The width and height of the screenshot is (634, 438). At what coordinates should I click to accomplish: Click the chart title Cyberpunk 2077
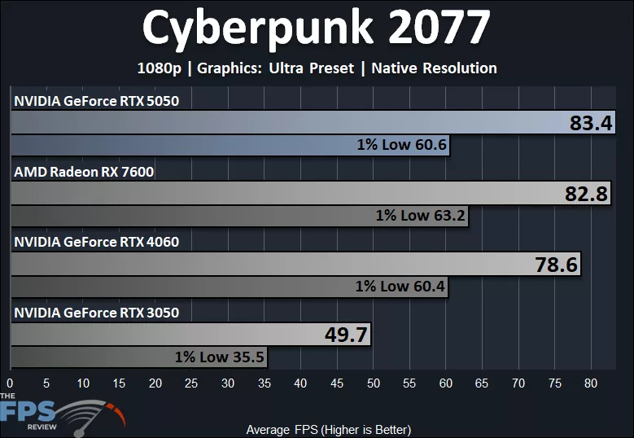pos(316,28)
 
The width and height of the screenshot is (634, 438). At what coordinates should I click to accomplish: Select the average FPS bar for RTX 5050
pos(285,124)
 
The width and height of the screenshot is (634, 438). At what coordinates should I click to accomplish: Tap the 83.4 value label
pos(591,124)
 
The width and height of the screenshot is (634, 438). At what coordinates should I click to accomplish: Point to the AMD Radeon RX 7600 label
pos(84,172)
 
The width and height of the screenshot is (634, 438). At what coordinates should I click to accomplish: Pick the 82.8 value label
pos(588,194)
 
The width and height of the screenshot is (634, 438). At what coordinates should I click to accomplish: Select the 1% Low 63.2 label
pos(421,216)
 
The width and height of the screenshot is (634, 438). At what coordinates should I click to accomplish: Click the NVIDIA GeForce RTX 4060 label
pos(96,242)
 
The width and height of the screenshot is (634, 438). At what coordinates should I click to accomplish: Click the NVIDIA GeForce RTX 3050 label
pos(96,313)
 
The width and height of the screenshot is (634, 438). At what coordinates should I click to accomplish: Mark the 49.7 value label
pos(347,335)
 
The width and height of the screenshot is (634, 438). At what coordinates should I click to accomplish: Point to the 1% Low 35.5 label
pos(220,357)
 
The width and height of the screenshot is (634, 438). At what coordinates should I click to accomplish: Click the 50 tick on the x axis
pos(374,383)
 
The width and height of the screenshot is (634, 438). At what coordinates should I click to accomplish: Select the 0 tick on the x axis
pos(10,383)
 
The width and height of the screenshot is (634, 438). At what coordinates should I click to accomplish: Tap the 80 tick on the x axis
pos(592,383)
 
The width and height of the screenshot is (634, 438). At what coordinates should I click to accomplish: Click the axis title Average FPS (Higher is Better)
pos(328,429)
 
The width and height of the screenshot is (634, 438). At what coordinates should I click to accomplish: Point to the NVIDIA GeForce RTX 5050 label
pos(96,101)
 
